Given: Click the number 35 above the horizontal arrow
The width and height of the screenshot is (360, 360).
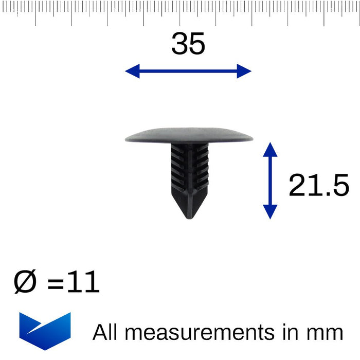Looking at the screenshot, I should tap(188, 44).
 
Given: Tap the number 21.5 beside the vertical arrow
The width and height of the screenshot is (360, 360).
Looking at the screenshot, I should tap(318, 186).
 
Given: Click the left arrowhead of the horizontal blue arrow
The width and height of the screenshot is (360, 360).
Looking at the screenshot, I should tap(132, 71).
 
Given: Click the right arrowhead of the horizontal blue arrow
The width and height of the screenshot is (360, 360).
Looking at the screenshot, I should tap(244, 71).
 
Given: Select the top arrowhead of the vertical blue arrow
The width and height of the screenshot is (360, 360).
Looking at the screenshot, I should tap(270, 150).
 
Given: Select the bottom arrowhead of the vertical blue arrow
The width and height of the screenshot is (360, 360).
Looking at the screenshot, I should tap(270, 212).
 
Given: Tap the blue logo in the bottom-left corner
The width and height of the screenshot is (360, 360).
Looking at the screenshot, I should tap(45, 330).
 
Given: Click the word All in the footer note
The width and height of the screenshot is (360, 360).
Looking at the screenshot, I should tap(105, 332).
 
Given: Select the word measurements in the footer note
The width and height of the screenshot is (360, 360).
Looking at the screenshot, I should tap(199, 333).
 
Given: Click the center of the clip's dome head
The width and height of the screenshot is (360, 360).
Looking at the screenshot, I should tap(189, 135).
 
